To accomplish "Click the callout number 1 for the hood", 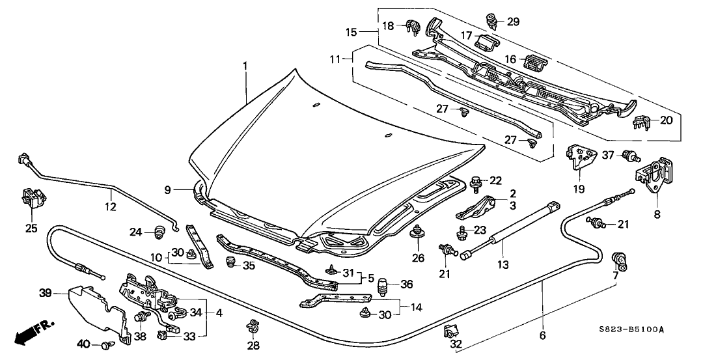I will [245, 66].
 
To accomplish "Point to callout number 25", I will [31, 228].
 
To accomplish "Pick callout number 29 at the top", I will [513, 22].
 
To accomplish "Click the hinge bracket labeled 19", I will [581, 157].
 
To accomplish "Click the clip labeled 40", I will [107, 343].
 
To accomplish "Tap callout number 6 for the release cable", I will [542, 336].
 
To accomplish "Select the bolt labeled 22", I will [476, 180].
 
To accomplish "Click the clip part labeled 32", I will [448, 333].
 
